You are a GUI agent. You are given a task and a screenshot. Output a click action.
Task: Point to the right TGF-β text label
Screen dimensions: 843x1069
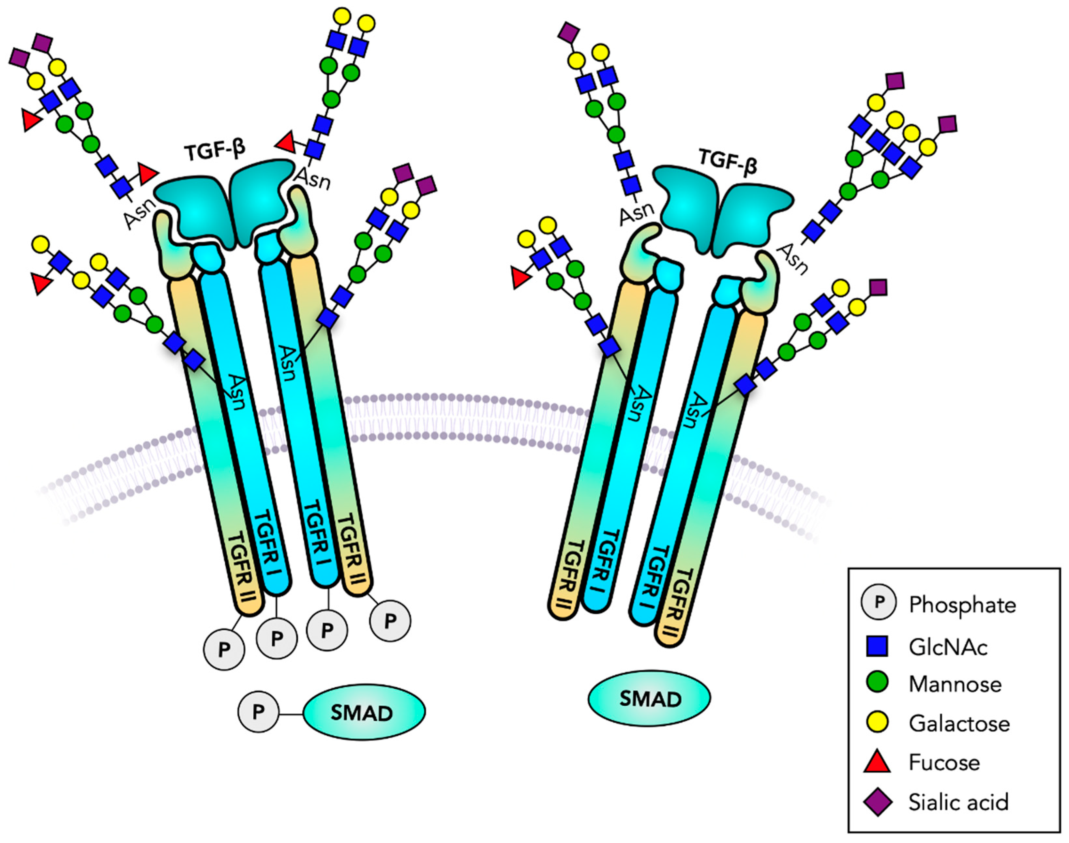[x=728, y=161]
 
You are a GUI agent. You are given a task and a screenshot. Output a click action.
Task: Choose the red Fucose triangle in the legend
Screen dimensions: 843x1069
[x=877, y=761]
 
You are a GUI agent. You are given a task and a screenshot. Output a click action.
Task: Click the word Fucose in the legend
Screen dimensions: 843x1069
[x=944, y=762]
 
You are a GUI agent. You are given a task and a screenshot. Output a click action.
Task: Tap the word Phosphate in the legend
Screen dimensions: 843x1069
[x=962, y=605]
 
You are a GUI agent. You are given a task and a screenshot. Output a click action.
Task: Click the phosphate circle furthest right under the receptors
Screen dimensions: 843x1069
[x=390, y=621]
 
